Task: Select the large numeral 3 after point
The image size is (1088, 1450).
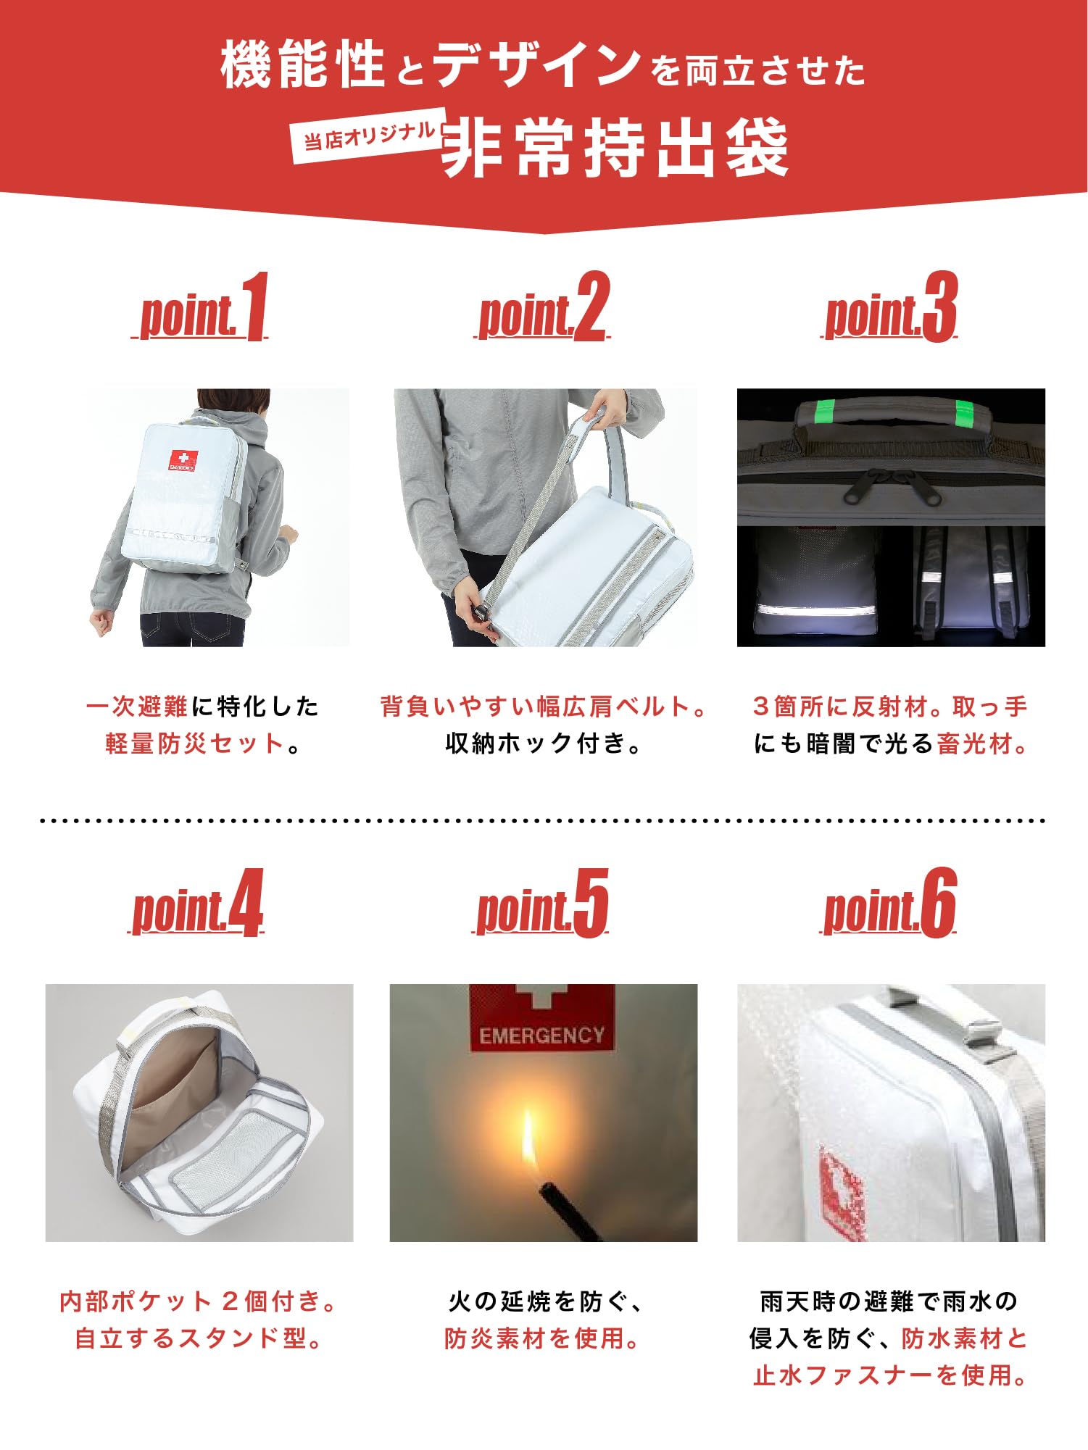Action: [940, 307]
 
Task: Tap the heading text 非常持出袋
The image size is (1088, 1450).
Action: [615, 149]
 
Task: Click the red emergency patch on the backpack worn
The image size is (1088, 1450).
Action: [183, 459]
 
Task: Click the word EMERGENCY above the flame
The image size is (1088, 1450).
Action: [541, 1036]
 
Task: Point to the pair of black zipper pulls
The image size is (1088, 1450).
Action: [893, 485]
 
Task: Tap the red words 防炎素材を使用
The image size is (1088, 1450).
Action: [541, 1338]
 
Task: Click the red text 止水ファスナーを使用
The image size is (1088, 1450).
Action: [890, 1375]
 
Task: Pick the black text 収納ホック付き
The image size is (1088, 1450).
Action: [543, 744]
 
